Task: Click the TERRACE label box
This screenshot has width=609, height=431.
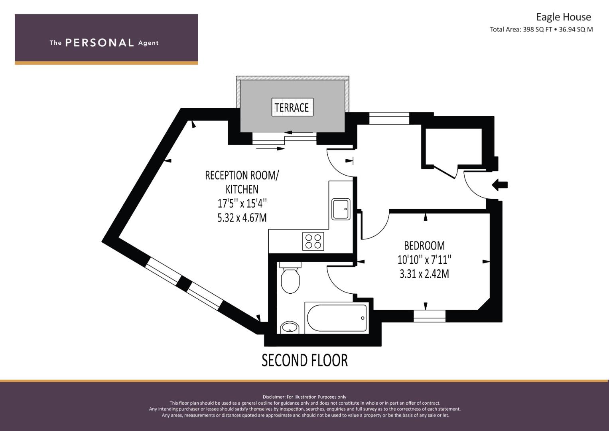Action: point(293,107)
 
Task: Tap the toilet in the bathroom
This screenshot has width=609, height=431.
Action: point(290,277)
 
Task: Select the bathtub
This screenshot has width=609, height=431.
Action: point(337,318)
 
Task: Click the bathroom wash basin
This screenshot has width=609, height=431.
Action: point(290,328)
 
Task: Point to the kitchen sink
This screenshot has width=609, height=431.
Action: point(341,209)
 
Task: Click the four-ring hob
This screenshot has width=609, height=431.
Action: point(313,241)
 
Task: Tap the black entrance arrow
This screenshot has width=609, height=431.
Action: point(500,185)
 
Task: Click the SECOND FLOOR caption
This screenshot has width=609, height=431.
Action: point(305,360)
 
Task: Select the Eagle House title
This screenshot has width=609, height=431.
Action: point(564,17)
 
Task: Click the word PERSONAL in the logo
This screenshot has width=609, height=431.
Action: point(100,43)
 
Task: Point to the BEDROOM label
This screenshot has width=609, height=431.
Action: point(424,246)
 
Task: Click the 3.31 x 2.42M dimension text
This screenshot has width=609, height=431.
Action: point(424,274)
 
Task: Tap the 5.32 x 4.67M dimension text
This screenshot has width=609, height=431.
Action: point(242,218)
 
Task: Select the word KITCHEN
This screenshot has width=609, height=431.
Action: point(242,190)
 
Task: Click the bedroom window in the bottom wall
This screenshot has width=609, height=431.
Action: point(430,316)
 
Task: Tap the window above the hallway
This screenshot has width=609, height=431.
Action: point(389,119)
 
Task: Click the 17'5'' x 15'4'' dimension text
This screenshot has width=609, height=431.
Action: point(242,204)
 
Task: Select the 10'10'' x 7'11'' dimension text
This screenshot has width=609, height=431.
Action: point(424,260)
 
